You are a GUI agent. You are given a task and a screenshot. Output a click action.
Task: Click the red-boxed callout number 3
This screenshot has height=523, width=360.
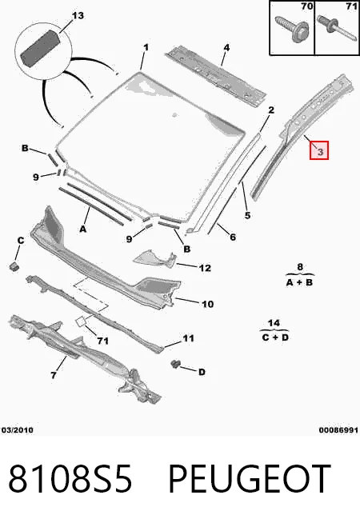click(319, 152)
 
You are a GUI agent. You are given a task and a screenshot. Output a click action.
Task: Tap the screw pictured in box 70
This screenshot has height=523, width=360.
click(292, 28)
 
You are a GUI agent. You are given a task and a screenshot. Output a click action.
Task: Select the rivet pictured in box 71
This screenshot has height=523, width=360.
click(336, 28)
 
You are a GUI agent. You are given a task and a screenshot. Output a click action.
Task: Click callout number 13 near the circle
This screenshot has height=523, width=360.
click(78, 16)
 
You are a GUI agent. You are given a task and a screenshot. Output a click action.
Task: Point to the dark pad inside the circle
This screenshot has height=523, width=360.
click(40, 48)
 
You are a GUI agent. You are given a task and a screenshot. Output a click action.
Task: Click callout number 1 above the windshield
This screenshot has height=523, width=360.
click(146, 47)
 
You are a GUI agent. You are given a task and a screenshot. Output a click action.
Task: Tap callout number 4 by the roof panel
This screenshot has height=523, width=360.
click(226, 47)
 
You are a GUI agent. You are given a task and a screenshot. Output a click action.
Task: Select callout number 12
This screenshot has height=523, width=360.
click(205, 268)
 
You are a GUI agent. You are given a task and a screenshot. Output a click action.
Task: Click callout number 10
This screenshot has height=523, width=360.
click(207, 304)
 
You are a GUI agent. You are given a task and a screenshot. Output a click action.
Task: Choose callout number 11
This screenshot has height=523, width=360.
click(188, 338)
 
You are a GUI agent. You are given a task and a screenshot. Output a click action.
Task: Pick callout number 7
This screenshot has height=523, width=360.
click(54, 375)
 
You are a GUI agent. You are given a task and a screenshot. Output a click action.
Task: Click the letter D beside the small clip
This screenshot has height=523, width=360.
click(202, 372)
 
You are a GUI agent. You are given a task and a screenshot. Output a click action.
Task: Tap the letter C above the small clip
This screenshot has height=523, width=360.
click(21, 240)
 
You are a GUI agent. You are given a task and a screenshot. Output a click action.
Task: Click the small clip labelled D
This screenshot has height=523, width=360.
click(175, 364)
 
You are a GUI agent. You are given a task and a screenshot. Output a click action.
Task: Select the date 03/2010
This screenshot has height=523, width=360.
click(18, 430)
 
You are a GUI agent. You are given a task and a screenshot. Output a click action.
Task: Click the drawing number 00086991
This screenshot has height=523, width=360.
click(338, 430)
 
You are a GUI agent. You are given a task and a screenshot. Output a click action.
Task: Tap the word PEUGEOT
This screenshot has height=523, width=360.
click(250, 478)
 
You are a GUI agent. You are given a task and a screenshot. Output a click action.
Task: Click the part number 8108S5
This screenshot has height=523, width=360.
click(70, 478)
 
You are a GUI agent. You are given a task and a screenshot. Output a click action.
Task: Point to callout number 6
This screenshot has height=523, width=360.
click(233, 238)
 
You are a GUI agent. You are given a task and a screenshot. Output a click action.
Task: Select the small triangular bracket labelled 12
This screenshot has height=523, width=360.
click(155, 259)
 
